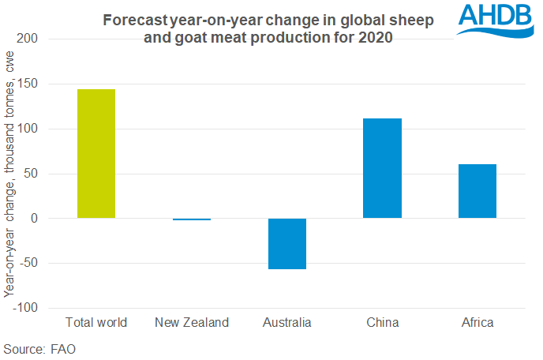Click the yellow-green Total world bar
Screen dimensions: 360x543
click(x=96, y=154)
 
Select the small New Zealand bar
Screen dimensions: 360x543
click(x=192, y=219)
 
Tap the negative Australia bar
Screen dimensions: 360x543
click(x=287, y=244)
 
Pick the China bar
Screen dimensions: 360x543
click(x=383, y=168)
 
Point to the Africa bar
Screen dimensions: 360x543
click(x=477, y=191)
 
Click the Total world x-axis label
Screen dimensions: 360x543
click(x=96, y=322)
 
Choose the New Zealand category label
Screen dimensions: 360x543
click(x=192, y=322)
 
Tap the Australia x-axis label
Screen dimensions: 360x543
click(x=287, y=322)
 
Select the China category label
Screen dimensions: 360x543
click(x=383, y=322)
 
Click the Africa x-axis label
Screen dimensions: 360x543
click(x=477, y=322)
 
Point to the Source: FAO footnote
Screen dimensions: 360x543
click(x=39, y=348)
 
